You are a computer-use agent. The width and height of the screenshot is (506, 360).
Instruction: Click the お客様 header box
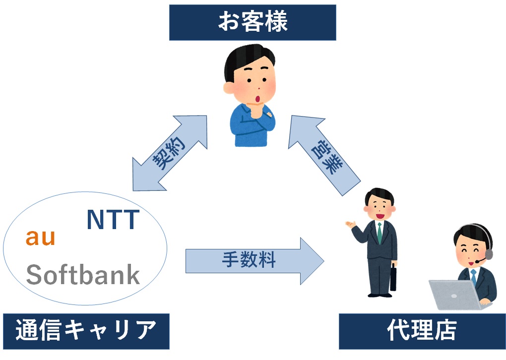pyautogui.click(x=253, y=23)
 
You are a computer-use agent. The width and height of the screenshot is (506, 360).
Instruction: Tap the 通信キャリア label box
pyautogui.click(x=86, y=331)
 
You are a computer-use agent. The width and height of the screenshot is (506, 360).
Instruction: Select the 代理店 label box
pyautogui.click(x=422, y=331)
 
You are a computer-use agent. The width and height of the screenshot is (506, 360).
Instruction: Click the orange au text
pyautogui.click(x=41, y=238)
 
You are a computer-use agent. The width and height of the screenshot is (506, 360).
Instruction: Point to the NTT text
pyautogui.click(x=113, y=220)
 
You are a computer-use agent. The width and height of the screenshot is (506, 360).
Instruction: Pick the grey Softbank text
pyautogui.click(x=83, y=275)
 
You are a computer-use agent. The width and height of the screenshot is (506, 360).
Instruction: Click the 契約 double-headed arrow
pyautogui.click(x=170, y=153)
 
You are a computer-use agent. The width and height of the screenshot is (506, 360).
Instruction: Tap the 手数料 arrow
pyautogui.click(x=254, y=261)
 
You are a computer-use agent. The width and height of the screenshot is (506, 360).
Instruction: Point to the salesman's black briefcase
pyautogui.click(x=393, y=278)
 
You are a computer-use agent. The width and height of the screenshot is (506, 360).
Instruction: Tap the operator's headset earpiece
pyautogui.click(x=489, y=254)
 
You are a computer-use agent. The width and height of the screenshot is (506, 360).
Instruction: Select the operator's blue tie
pyautogui.click(x=473, y=276)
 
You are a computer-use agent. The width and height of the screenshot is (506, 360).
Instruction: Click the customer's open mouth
pyautogui.click(x=258, y=99)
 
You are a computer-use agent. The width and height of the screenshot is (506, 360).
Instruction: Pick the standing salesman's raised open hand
pyautogui.click(x=350, y=224)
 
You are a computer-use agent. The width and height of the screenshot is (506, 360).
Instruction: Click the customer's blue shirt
pyautogui.click(x=253, y=125)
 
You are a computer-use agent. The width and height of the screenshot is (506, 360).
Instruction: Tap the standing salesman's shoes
pyautogui.click(x=380, y=295)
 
